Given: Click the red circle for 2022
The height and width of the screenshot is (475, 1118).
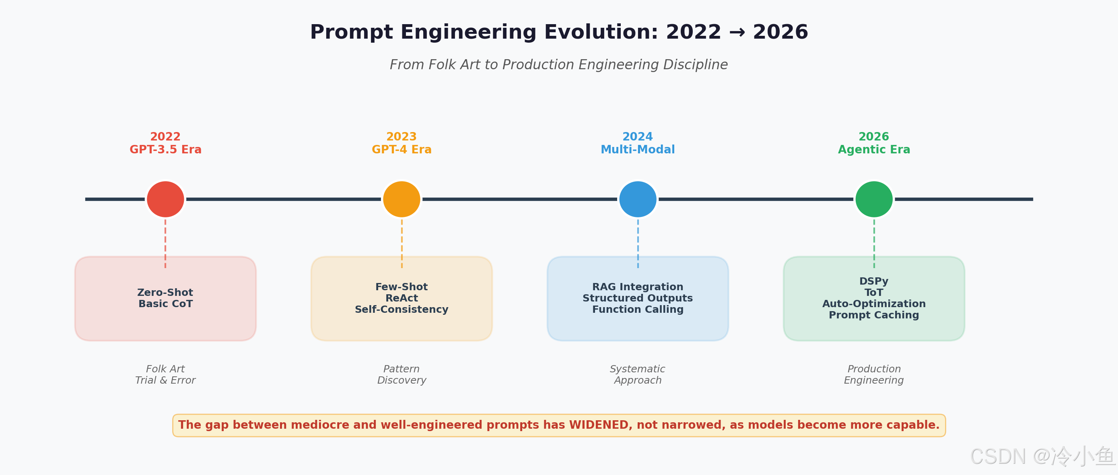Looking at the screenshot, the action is point(165,199).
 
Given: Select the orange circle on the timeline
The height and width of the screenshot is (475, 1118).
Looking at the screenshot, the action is point(401,199).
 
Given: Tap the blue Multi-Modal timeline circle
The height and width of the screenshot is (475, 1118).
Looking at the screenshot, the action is point(638,199).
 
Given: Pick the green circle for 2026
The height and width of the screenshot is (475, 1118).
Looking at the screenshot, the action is point(874,199).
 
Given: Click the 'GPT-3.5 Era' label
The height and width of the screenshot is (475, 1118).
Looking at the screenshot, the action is point(165,150).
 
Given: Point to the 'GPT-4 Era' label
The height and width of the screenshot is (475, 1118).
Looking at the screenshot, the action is point(401,150).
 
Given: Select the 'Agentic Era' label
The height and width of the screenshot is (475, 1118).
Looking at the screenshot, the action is point(874,150).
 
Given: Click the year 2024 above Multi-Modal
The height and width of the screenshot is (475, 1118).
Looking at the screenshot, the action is point(638,137).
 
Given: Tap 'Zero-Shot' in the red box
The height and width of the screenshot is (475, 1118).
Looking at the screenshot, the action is point(165,292).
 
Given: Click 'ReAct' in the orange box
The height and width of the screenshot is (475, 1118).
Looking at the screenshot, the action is point(401,298).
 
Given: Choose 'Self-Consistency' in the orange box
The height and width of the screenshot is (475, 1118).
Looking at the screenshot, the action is point(401,309).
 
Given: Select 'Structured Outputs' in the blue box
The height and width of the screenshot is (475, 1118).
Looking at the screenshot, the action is point(638,298).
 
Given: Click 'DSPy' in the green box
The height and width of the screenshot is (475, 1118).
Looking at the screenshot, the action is point(874,281).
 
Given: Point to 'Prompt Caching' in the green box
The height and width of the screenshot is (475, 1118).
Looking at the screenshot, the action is point(874,315).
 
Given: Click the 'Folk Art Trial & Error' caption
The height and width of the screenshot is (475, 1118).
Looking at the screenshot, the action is point(165,374).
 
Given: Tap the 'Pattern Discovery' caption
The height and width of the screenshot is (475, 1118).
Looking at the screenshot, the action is point(401,374).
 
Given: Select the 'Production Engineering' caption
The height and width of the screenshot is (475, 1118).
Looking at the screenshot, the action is point(874,374).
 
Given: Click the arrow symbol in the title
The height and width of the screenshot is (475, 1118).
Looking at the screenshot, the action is point(737,32).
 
